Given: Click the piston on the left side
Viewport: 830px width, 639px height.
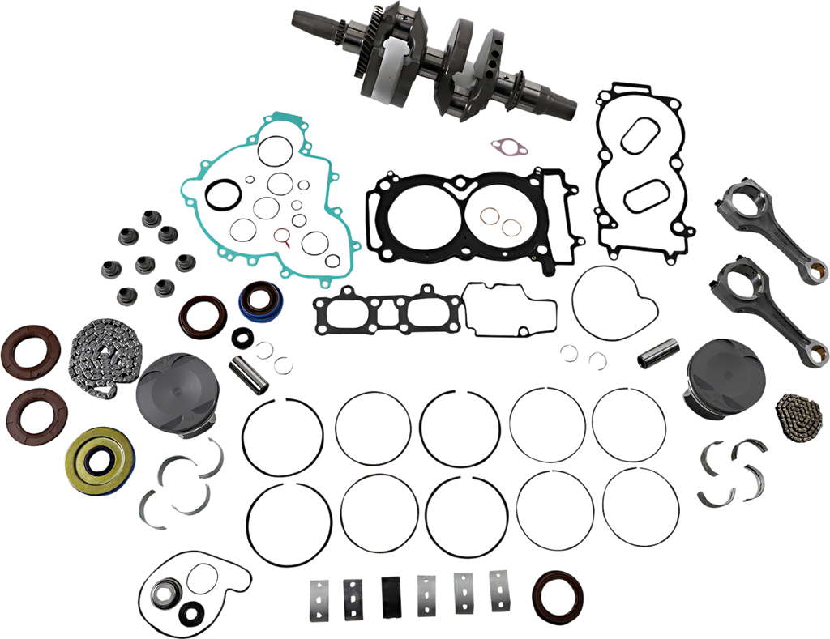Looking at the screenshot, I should (169, 397).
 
